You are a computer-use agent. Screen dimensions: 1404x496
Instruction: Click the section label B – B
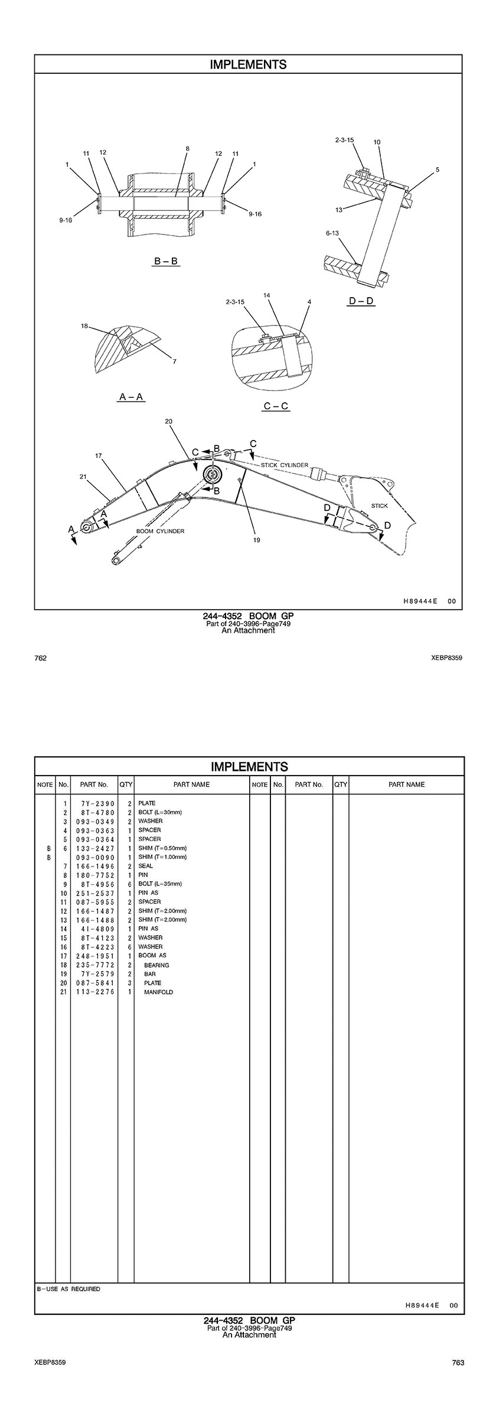coord(166,260)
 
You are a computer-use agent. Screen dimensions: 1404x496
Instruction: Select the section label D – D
coord(361,301)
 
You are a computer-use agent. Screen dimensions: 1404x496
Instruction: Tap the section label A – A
coord(131,397)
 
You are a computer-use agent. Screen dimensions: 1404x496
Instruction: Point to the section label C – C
coord(276,406)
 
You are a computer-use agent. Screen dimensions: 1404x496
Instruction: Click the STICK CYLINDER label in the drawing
coord(285,465)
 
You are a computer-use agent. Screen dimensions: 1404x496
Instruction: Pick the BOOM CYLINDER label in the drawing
coord(160,531)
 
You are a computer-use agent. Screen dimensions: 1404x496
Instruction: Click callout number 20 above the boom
coord(168,421)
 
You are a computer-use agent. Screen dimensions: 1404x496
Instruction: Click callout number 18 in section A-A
coord(85,325)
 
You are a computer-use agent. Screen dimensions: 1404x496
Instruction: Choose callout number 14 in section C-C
coord(267,294)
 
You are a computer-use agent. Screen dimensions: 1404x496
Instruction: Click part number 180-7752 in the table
coord(94,875)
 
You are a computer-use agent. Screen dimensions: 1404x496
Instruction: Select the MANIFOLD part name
coord(158,992)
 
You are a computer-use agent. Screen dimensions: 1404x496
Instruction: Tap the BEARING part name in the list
coord(156,965)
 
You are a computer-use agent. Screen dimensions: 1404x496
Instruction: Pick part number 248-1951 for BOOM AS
coord(94,956)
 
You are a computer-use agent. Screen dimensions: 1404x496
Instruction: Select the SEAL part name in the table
coord(145,866)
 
